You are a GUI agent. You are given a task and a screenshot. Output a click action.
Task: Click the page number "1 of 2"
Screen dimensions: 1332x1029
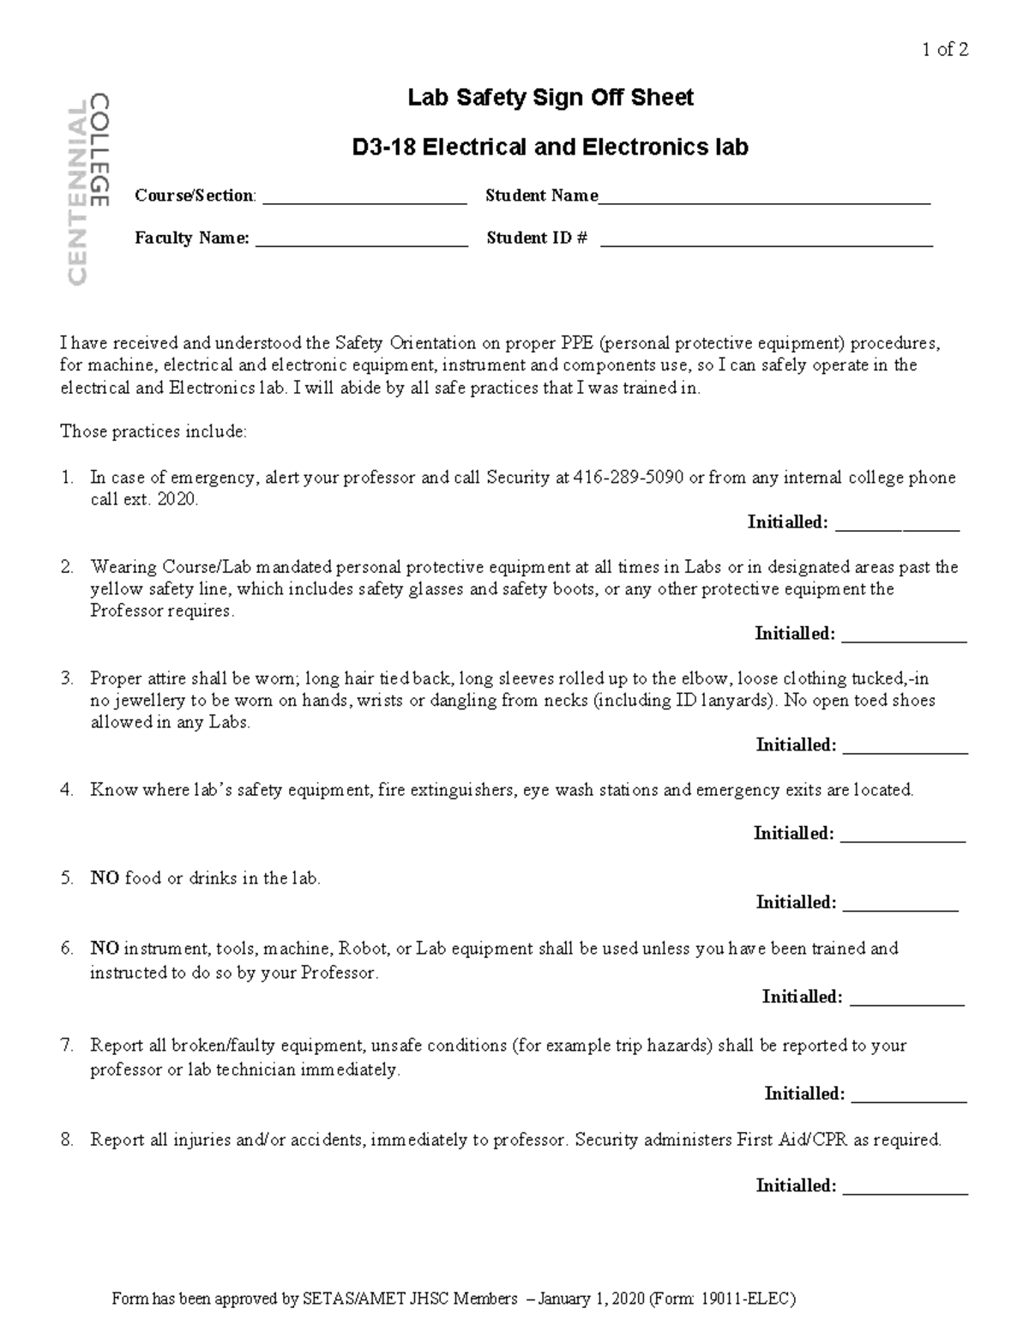(x=945, y=50)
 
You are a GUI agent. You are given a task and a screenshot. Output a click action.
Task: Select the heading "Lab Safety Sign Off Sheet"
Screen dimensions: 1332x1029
(x=550, y=99)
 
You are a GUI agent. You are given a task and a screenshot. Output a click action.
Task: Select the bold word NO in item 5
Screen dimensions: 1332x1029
(x=105, y=878)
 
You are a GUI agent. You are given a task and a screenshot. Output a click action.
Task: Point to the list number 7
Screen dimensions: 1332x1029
(x=67, y=1046)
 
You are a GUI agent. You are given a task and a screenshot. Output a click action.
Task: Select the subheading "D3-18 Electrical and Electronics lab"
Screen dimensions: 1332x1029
(x=550, y=148)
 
